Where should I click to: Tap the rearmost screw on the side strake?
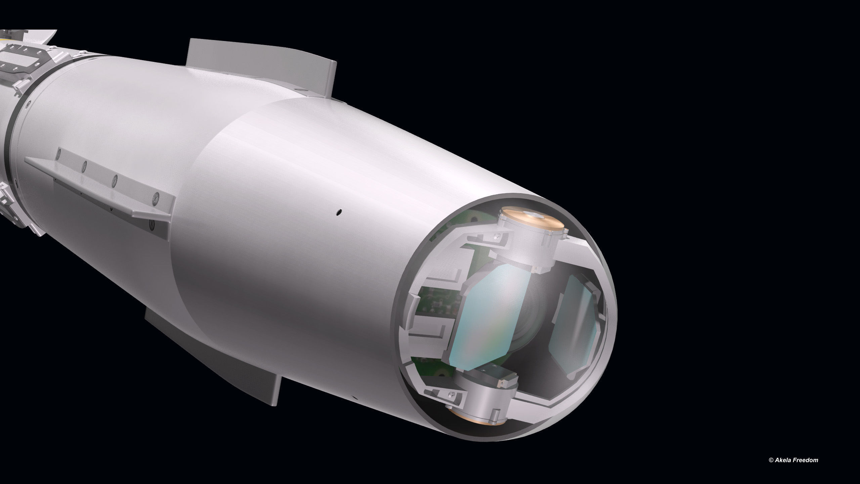tap(59, 153)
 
